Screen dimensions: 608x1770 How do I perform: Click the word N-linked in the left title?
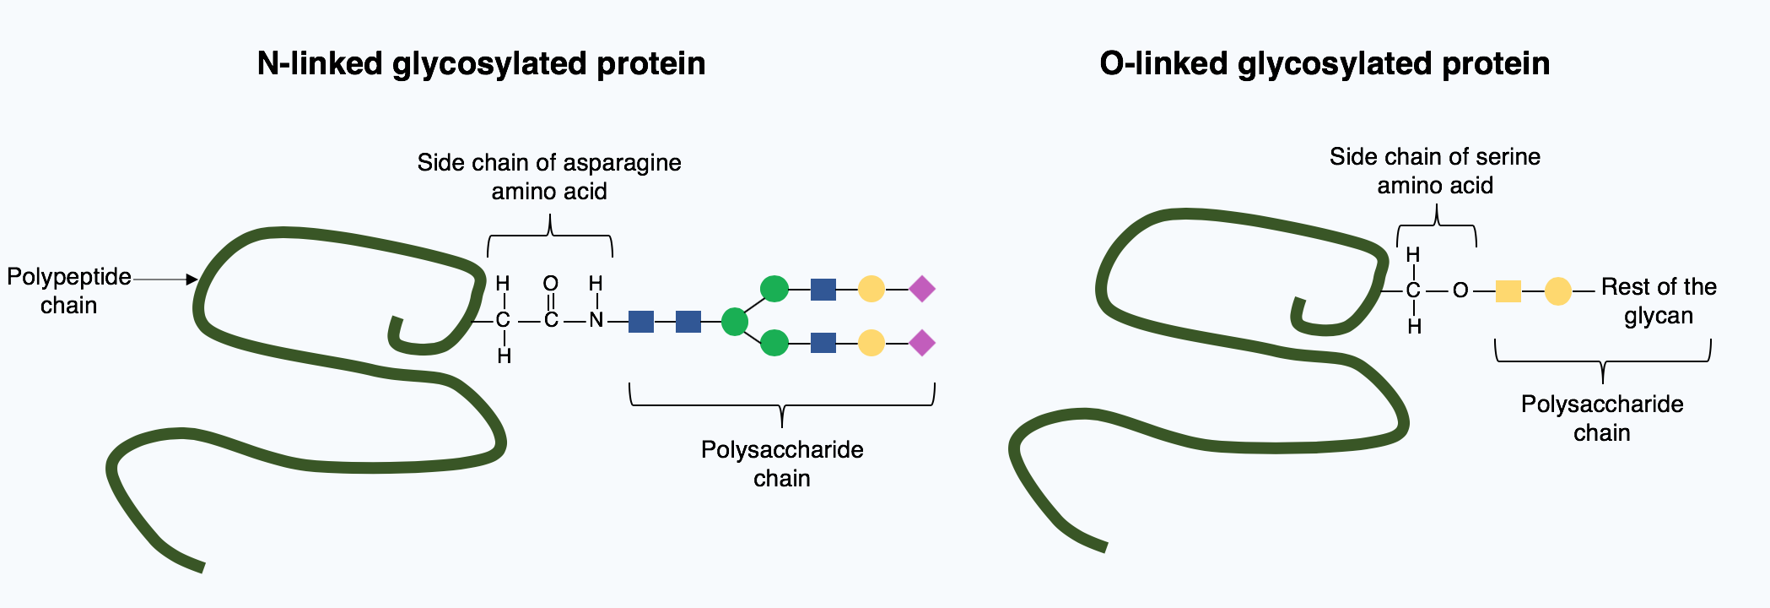tap(320, 64)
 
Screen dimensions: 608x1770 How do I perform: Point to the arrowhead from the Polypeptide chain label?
tap(192, 279)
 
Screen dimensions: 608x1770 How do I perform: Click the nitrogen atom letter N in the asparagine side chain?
tap(596, 321)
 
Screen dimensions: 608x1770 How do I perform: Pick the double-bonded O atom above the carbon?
tap(551, 284)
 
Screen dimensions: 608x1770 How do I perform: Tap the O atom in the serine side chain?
tap(1460, 290)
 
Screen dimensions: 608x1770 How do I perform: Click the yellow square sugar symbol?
tap(1508, 291)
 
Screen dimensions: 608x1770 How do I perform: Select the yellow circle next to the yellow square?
tap(1558, 291)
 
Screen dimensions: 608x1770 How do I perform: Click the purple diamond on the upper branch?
tap(922, 289)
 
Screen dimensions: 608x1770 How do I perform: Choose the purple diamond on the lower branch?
tap(922, 343)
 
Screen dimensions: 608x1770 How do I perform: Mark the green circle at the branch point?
tap(735, 322)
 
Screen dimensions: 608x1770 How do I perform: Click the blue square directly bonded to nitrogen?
tap(641, 322)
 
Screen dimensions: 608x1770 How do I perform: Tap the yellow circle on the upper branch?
tap(872, 289)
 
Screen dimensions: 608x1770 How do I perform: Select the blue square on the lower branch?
tap(823, 343)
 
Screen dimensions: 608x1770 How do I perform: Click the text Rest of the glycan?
tap(1659, 301)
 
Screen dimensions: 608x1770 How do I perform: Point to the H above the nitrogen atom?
tap(596, 284)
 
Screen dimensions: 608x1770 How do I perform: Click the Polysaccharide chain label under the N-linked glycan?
tap(782, 464)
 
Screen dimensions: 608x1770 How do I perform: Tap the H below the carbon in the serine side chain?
tap(1415, 327)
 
